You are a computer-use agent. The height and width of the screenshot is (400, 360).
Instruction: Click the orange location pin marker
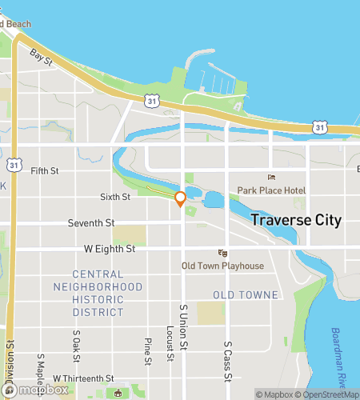pos(180,198)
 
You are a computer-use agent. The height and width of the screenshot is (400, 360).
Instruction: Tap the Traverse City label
pos(296,220)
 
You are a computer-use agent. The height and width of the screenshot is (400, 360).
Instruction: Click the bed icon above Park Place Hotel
pos(271,178)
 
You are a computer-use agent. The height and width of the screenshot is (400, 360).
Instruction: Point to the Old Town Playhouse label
pos(222,266)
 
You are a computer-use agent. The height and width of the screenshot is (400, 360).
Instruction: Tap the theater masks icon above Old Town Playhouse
pos(222,253)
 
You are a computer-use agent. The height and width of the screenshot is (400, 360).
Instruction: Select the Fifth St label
pos(44,170)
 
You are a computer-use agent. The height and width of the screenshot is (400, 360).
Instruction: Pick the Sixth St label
pos(115,196)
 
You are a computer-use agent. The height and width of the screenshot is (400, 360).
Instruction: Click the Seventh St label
pos(91,222)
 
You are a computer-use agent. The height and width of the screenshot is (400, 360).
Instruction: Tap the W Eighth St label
pos(110,249)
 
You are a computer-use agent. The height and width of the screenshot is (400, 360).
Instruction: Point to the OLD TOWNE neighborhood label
pos(246,295)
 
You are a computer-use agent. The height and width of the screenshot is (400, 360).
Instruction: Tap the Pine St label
pos(148,349)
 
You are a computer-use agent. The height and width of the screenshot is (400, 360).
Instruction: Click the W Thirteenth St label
pos(84,378)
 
